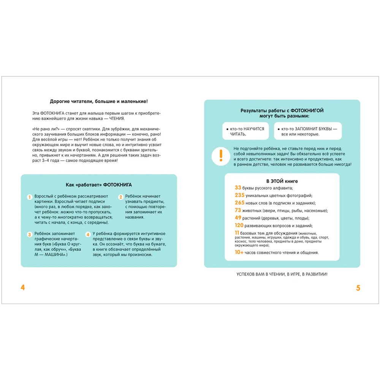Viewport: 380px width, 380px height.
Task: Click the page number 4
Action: pyautogui.click(x=23, y=288)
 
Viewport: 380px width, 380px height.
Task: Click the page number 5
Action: pyautogui.click(x=358, y=288)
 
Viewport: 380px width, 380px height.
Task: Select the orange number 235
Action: pyautogui.click(x=240, y=195)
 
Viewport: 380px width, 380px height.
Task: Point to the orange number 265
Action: pyautogui.click(x=240, y=203)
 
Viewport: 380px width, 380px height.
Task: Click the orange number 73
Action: pyautogui.click(x=238, y=211)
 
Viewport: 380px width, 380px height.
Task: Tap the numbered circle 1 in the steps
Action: pyautogui.click(x=29, y=197)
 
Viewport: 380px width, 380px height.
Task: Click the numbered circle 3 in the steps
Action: pyautogui.click(x=29, y=235)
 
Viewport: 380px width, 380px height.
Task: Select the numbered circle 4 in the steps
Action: pyautogui.click(x=88, y=235)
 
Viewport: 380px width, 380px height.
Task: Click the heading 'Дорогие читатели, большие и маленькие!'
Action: pyautogui.click(x=99, y=101)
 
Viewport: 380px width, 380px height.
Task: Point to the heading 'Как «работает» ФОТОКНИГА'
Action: pyautogui.click(x=99, y=185)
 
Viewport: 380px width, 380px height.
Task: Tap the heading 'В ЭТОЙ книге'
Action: pyautogui.click(x=282, y=181)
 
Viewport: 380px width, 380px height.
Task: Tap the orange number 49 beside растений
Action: pyautogui.click(x=238, y=218)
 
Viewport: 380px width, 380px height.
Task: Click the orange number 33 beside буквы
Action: pyautogui.click(x=238, y=188)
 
